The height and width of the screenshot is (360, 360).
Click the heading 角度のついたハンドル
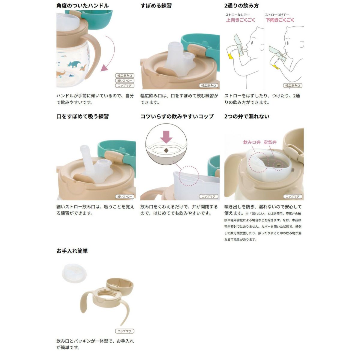82,6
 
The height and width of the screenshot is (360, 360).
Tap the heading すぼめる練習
156,6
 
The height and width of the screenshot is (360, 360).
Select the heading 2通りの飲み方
241,6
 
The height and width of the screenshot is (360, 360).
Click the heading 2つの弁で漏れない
247,116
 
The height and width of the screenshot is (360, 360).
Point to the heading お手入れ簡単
72,251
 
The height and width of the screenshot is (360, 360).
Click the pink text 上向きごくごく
240,20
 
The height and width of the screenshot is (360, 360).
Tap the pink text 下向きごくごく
280,20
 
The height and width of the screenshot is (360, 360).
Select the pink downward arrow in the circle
166,137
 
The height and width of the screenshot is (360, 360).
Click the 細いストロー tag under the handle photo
124,80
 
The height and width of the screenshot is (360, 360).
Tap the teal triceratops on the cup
74,64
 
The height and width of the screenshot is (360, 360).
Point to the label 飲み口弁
252,142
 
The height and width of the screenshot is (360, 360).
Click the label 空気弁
270,142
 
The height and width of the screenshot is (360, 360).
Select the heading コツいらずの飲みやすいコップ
177,116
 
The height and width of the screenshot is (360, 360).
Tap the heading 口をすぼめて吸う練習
82,116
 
